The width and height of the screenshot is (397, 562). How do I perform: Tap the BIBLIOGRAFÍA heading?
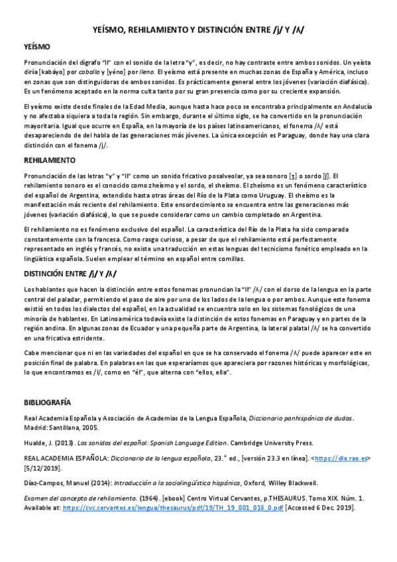[47, 402]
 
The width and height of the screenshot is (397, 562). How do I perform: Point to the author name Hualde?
[35, 441]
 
